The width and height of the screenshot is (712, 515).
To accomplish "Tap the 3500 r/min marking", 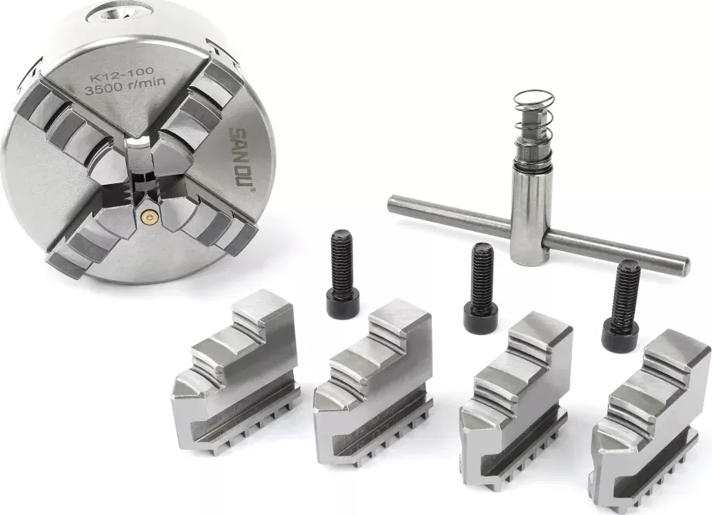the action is pyautogui.click(x=125, y=85).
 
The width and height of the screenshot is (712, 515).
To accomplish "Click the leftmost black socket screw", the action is pyautogui.click(x=343, y=273).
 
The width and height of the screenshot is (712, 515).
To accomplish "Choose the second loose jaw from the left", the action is pyautogui.click(x=373, y=383).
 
